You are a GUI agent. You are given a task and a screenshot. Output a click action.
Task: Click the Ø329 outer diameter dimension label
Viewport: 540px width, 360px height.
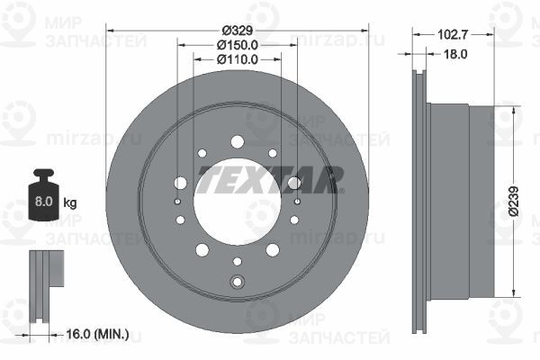238,31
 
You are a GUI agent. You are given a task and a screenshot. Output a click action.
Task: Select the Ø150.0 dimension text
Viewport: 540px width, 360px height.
238,45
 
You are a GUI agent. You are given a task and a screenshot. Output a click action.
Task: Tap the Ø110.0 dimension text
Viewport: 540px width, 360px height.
238,59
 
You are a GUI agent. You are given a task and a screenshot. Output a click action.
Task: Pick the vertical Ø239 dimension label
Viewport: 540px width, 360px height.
514,202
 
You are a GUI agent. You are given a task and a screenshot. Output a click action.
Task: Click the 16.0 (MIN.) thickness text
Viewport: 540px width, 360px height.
97,334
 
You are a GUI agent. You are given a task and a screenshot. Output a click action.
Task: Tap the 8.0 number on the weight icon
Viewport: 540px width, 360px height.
43,202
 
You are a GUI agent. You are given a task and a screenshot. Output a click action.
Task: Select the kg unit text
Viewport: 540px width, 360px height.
70,202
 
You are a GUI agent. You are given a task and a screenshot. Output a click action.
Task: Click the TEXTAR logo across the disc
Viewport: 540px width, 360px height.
270,179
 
